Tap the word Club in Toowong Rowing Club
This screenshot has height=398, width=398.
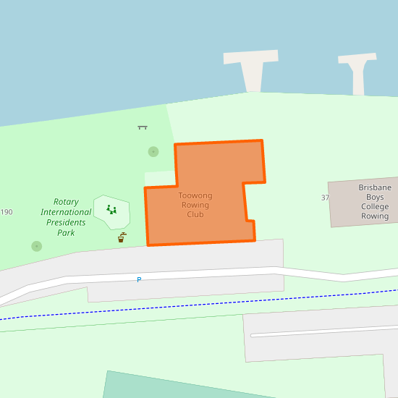(x=195, y=214)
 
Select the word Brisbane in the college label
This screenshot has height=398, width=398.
(x=375, y=187)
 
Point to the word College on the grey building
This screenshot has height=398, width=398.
(x=375, y=206)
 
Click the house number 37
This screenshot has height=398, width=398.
(x=325, y=198)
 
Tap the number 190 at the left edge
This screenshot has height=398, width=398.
(x=7, y=212)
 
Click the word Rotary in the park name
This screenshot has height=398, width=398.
(x=66, y=202)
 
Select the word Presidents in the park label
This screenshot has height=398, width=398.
(x=66, y=222)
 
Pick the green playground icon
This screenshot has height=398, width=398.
(x=111, y=210)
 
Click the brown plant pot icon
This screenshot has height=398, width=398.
(x=122, y=237)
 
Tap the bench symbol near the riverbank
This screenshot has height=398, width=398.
(x=143, y=127)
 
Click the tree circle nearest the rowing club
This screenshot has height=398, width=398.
(x=153, y=152)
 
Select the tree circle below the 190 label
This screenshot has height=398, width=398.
(x=37, y=246)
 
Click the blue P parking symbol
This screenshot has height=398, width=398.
(x=139, y=279)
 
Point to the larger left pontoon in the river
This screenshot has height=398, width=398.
(x=252, y=69)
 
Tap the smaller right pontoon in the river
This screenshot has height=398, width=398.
(x=357, y=71)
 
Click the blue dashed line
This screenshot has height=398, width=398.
(x=217, y=305)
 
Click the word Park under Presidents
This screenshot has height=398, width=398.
(x=66, y=232)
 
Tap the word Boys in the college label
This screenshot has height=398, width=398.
(x=375, y=197)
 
